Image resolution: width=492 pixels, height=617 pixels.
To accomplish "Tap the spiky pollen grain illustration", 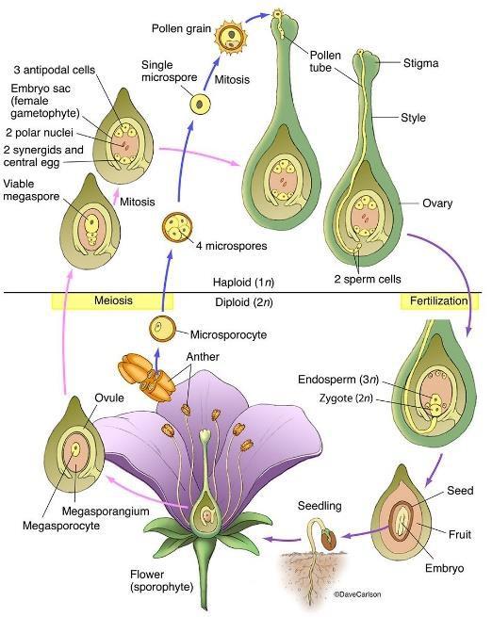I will (x=229, y=37).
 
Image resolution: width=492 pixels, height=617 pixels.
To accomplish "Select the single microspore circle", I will (x=201, y=104).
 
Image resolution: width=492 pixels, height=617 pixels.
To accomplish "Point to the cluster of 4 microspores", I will (x=176, y=229).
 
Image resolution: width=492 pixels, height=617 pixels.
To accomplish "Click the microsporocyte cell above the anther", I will (x=163, y=330).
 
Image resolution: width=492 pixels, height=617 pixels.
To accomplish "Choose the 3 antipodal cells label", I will (x=56, y=71).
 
